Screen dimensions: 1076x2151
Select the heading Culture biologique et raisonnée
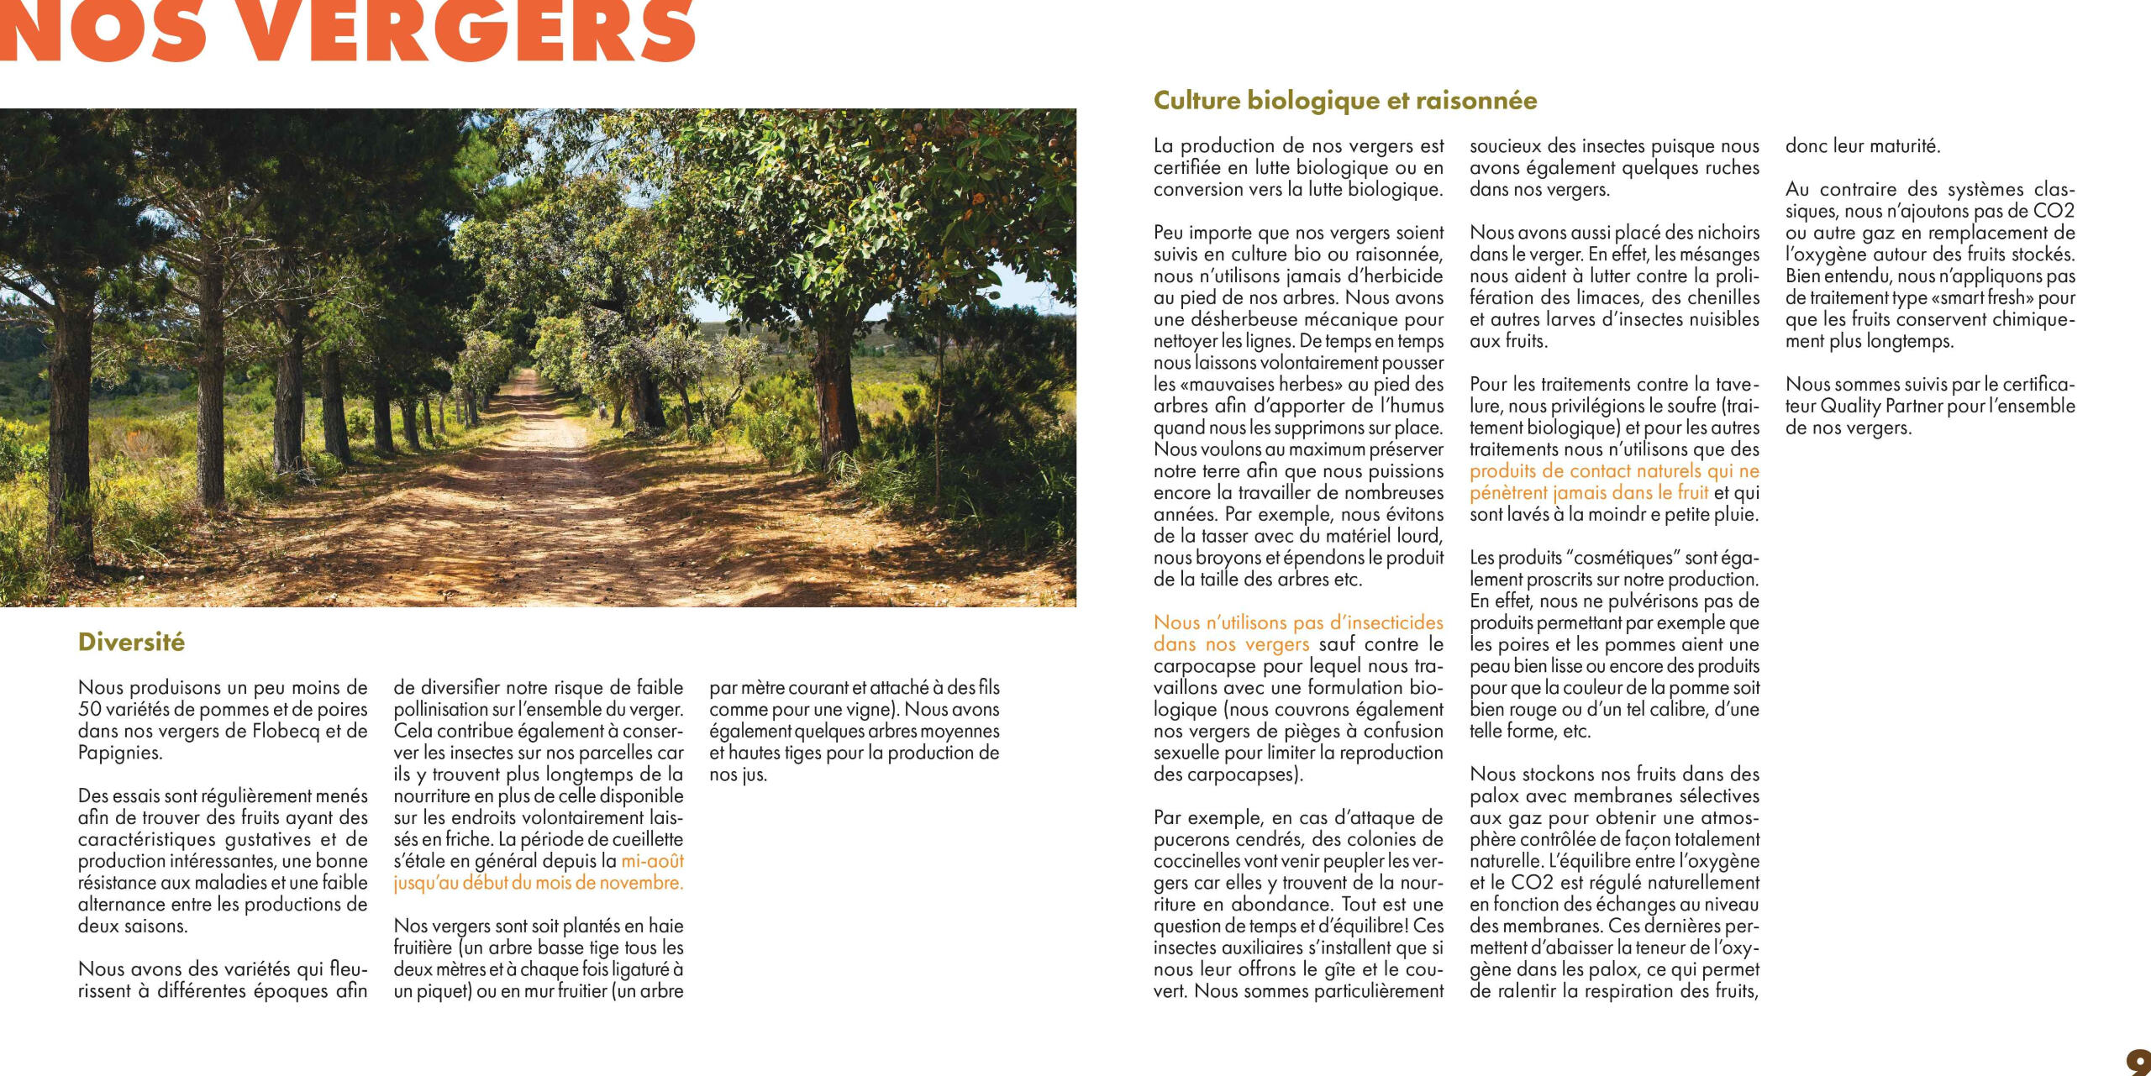click(x=1345, y=101)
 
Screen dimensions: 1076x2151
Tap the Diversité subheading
click(x=131, y=643)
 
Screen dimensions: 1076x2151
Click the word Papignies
click(x=119, y=753)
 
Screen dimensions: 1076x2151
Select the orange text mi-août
click(x=652, y=861)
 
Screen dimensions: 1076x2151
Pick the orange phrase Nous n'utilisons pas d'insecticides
click(x=1298, y=623)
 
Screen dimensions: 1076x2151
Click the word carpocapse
click(x=1198, y=667)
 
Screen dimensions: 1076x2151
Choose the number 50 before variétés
click(x=89, y=710)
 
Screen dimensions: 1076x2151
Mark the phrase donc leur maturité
click(x=1862, y=146)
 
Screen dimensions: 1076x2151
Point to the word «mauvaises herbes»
click(x=1249, y=385)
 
